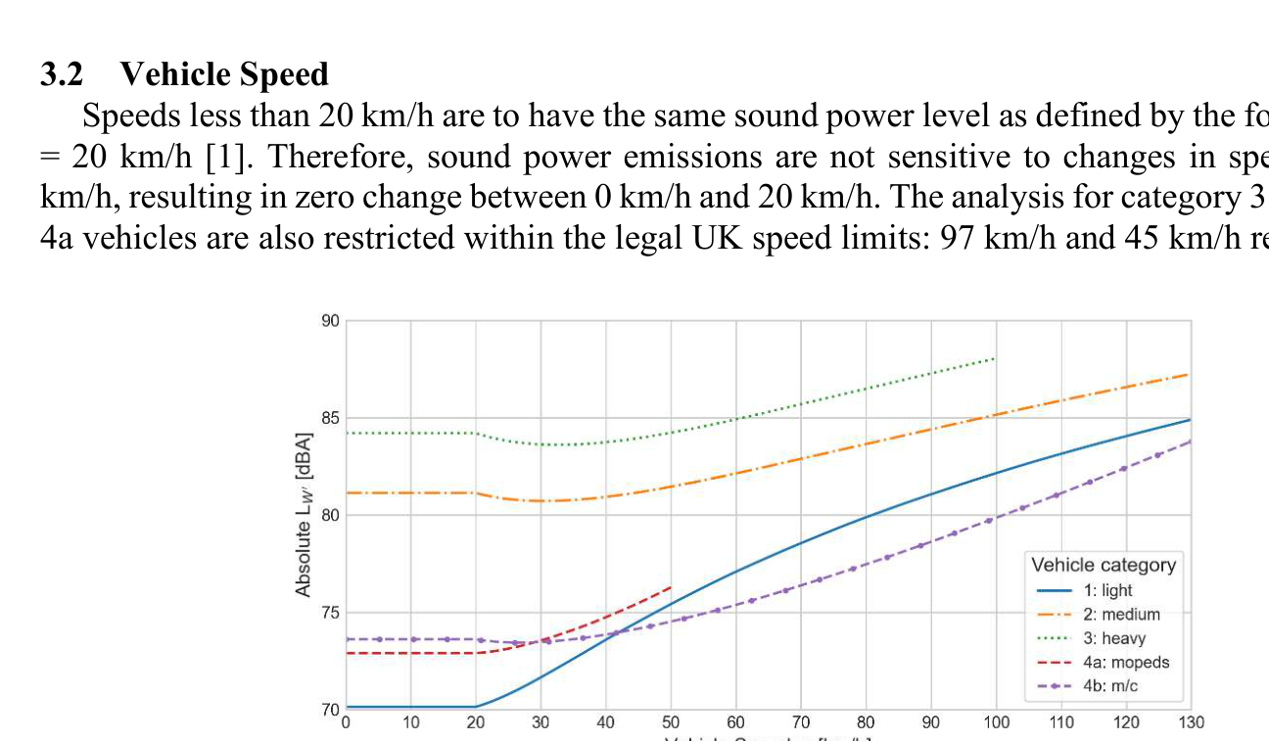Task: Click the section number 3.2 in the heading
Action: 60,74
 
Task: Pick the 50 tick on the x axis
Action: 672,722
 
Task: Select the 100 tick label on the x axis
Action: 997,722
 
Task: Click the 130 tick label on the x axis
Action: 1191,722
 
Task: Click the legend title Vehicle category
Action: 1104,565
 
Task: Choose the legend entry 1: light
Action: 1107,590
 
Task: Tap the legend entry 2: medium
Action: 1121,615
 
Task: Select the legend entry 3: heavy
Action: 1114,638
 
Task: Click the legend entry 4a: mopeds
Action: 1125,663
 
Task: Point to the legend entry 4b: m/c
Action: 1110,686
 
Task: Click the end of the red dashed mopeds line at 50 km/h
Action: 672,586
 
